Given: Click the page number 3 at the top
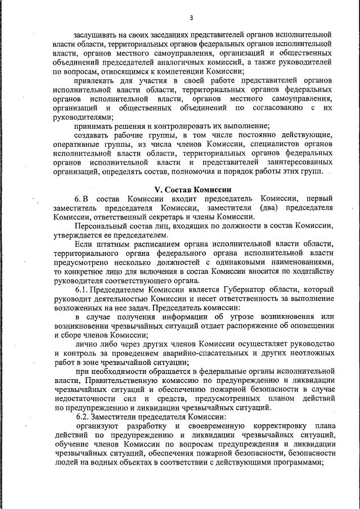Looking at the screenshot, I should coord(191,18).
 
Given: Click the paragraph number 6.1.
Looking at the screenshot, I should coord(82,289).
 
